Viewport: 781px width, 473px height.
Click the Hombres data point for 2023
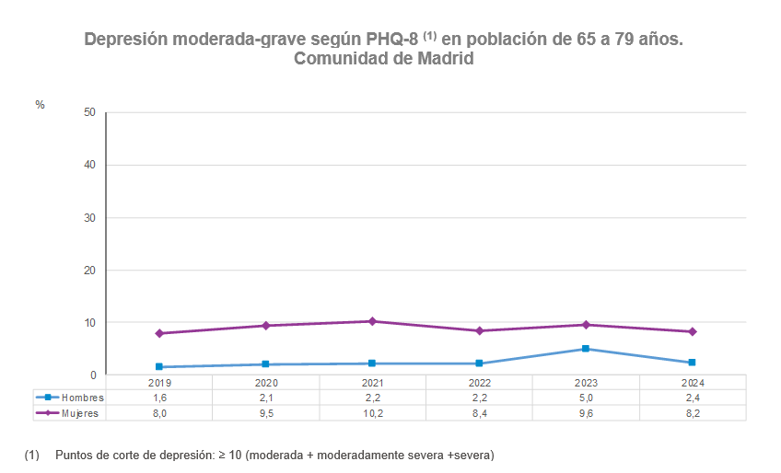[x=586, y=349]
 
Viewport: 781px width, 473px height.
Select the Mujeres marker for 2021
[x=372, y=321]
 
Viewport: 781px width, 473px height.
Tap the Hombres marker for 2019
[x=159, y=366]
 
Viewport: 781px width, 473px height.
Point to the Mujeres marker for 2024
[x=693, y=331]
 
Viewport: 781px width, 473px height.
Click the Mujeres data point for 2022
[x=479, y=330]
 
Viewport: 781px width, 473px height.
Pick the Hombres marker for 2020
[x=266, y=364]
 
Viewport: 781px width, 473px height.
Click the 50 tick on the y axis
[x=89, y=112]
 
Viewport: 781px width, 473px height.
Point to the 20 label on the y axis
[x=89, y=271]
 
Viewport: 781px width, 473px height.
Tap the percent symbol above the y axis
[x=40, y=105]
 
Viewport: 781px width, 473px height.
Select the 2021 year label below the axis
[x=372, y=382]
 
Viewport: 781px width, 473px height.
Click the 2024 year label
[x=693, y=382]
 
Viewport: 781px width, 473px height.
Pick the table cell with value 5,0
[x=586, y=398]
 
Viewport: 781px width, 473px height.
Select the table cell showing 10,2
[x=372, y=413]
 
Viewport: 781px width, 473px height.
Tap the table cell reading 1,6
[x=159, y=398]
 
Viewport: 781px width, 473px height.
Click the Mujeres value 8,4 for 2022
[x=479, y=413]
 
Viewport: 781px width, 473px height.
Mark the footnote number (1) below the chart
[x=32, y=456]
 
